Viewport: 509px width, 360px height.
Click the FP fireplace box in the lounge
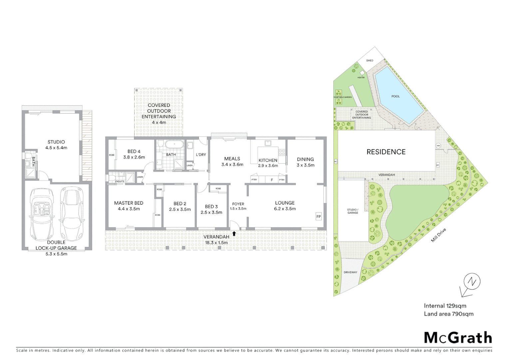coord(318,217)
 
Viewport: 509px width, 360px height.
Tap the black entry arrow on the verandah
coord(234,234)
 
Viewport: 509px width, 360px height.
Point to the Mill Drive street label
coord(438,235)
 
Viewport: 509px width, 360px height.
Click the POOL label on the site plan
coord(395,96)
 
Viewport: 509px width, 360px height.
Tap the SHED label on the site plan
coord(370,61)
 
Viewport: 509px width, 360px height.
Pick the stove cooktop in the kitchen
coord(282,152)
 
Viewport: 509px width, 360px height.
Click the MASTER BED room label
coord(129,203)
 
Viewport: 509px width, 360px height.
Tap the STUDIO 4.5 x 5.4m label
coord(56,145)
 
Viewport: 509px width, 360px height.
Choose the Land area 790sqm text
coord(448,314)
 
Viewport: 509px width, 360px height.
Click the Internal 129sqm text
coord(445,306)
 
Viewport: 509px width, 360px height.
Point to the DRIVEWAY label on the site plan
coord(350,272)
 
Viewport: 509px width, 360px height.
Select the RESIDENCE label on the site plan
coord(386,152)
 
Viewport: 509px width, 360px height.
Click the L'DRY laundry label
coord(201,155)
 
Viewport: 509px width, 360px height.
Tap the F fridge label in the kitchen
coord(272,180)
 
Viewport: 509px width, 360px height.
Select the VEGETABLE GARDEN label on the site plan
coord(342,97)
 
